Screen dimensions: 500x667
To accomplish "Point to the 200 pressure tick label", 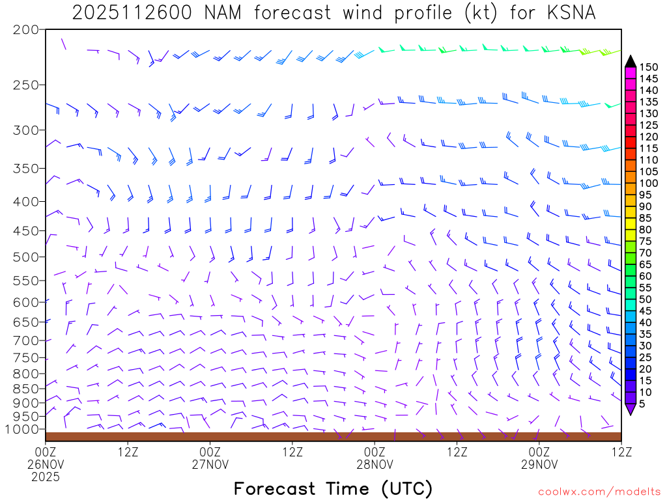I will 25,30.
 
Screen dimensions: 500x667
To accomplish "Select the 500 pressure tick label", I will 25,257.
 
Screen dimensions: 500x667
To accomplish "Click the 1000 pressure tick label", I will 21,430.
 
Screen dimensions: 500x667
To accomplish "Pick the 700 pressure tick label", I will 25,340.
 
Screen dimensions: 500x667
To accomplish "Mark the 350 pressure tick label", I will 25,169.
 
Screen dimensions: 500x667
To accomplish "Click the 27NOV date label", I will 210,464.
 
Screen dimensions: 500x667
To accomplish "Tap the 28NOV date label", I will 375,464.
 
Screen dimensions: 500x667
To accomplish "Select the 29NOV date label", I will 539,464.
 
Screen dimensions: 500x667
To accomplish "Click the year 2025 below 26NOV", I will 46,477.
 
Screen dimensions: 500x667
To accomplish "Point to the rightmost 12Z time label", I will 621,451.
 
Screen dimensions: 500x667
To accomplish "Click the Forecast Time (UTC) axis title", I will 333,488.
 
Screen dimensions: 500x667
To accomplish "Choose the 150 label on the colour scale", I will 649,67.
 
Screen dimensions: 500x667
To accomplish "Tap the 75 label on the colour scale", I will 645,242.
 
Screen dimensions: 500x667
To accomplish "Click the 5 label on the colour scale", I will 642,404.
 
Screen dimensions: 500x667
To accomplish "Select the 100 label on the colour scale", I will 649,184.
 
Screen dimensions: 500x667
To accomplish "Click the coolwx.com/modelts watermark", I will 598,492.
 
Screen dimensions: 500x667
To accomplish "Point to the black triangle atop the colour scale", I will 630,61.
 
